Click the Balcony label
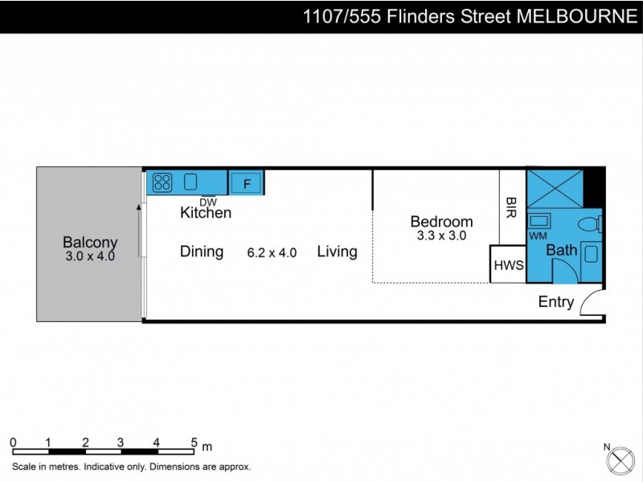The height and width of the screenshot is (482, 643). [x=90, y=242]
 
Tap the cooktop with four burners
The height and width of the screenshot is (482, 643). [x=162, y=182]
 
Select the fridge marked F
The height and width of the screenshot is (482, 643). [x=247, y=184]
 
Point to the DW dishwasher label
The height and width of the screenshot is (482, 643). [x=208, y=202]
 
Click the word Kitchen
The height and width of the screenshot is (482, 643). [x=205, y=213]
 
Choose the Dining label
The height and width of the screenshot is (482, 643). [x=201, y=251]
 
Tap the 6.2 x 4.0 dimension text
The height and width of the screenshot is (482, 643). [x=272, y=252]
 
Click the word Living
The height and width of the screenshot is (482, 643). [x=337, y=251]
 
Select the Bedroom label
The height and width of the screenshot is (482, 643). [x=441, y=222]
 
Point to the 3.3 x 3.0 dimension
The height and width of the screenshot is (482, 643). [x=441, y=236]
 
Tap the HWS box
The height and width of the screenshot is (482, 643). [x=508, y=265]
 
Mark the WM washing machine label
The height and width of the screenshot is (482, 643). [x=538, y=236]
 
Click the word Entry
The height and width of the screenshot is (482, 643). [x=556, y=302]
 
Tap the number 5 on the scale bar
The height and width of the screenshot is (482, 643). [x=194, y=442]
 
